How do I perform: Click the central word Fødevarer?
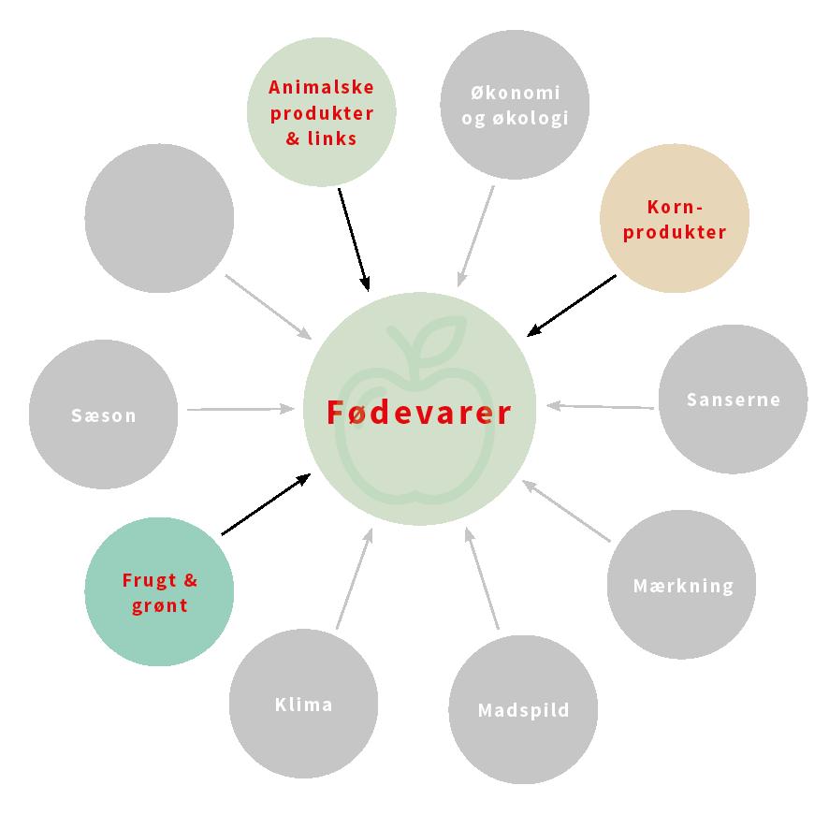[419, 413]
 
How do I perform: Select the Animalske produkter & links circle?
[321, 112]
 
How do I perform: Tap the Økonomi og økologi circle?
[515, 105]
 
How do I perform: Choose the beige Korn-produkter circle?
[674, 219]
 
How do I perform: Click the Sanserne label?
[733, 400]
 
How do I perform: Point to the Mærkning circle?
[682, 586]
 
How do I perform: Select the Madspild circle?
[523, 710]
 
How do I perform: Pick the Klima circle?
[303, 705]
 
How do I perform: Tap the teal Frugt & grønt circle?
[159, 592]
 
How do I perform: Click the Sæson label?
[103, 415]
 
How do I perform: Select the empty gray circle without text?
[159, 217]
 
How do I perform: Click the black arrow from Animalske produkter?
[354, 239]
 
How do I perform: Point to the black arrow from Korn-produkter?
[572, 305]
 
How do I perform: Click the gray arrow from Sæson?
[240, 409]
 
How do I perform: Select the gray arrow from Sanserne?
[600, 406]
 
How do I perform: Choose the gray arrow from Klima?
[354, 577]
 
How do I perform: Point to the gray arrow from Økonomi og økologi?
[475, 236]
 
